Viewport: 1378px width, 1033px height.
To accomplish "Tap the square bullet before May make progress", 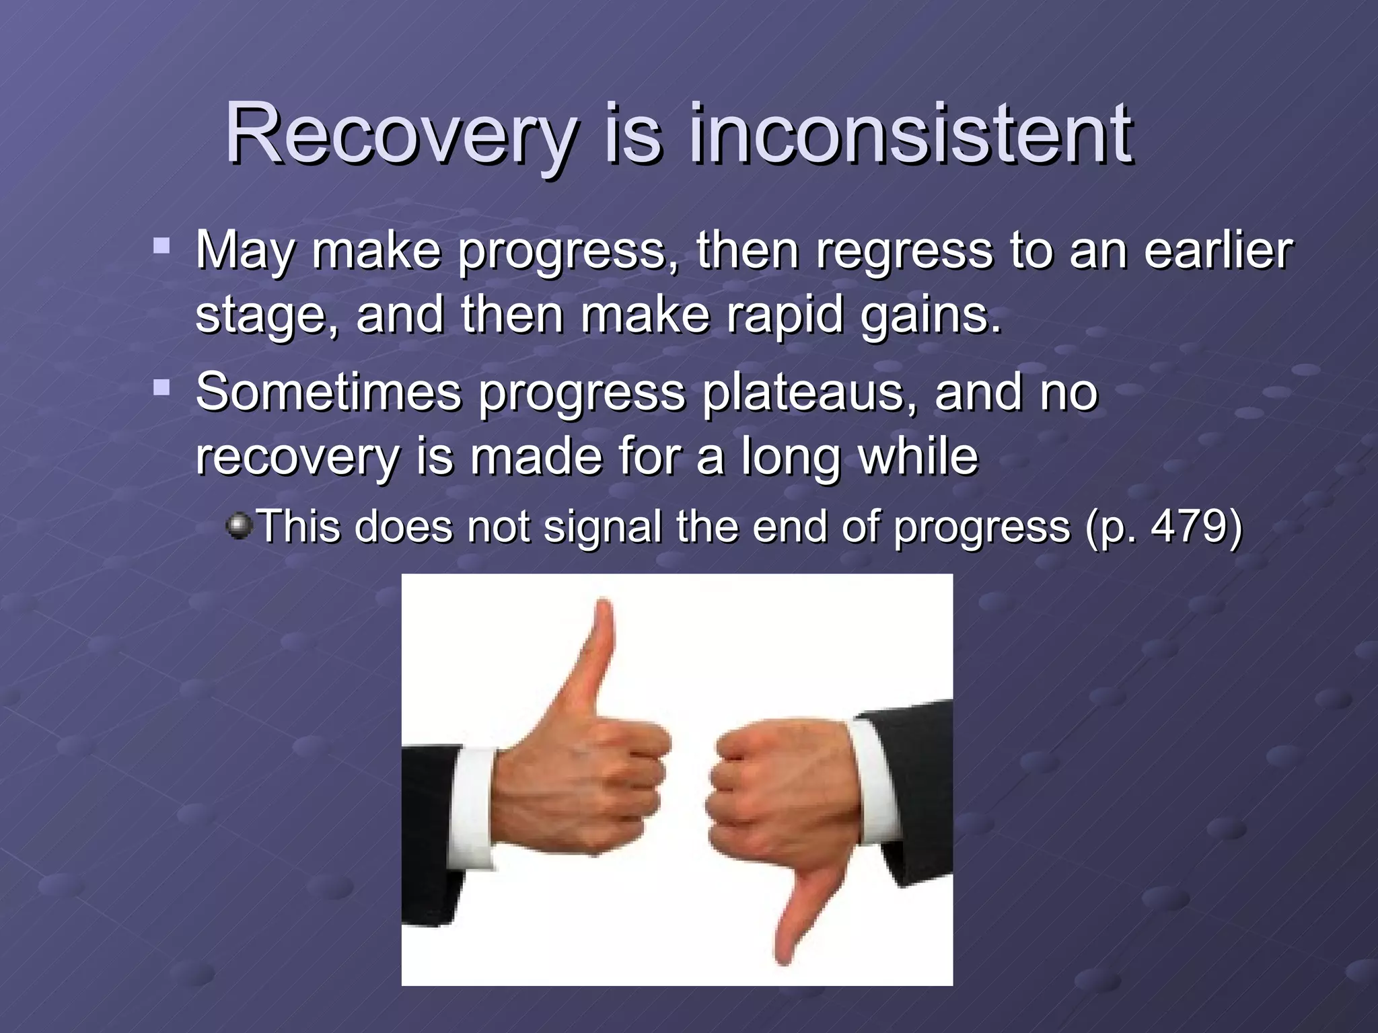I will (161, 244).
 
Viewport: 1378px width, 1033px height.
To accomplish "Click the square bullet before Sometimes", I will (161, 387).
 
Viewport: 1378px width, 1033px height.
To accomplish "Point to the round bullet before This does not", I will (238, 525).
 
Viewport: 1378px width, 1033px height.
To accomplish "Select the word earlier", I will (1218, 250).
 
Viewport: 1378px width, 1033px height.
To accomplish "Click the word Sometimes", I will (328, 391).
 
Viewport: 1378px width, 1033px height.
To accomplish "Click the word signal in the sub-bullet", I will (603, 527).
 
